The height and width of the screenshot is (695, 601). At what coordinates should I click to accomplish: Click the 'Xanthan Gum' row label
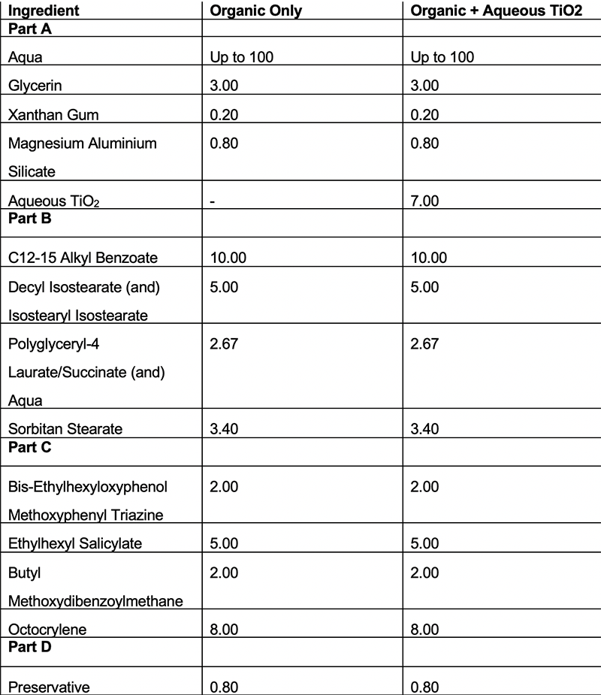point(53,114)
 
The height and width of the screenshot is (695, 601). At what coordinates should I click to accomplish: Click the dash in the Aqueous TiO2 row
point(213,201)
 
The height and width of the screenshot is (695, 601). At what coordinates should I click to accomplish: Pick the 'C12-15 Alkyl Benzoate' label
point(83,258)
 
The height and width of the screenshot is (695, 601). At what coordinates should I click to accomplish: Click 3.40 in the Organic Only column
point(225,429)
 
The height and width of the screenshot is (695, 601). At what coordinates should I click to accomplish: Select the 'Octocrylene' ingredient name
point(47,630)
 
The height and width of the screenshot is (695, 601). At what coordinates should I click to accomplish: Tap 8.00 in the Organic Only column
point(225,630)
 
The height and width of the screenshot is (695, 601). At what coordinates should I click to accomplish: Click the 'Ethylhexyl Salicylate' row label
point(75,543)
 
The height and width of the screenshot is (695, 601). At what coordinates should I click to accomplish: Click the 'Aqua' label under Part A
point(26,57)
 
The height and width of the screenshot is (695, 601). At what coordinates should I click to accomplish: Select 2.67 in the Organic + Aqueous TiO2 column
point(426,344)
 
